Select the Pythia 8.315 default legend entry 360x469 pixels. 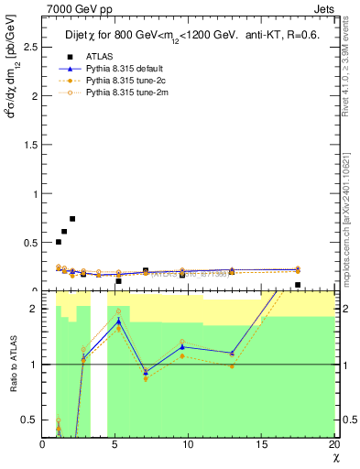(123, 69)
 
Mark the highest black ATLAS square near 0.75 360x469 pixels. (72, 219)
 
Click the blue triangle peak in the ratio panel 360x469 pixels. (118, 321)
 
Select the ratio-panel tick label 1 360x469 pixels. (34, 365)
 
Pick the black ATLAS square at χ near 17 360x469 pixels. (298, 285)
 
